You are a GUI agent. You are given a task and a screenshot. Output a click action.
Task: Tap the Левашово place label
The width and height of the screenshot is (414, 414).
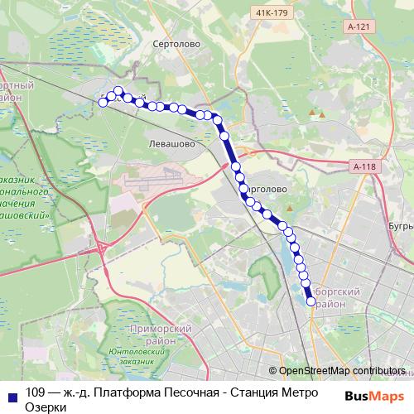171,143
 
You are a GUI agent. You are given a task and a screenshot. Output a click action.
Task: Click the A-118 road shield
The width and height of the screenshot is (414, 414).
365,167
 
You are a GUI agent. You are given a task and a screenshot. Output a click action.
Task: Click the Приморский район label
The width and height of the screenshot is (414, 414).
169,335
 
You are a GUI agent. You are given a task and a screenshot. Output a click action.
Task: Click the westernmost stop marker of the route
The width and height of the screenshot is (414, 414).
103,102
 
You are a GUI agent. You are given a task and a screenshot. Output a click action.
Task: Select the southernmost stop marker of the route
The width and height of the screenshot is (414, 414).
311,302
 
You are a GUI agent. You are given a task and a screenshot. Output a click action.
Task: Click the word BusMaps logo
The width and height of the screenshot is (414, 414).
374,396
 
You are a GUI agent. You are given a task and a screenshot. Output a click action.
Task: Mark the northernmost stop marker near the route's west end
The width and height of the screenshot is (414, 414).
118,91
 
